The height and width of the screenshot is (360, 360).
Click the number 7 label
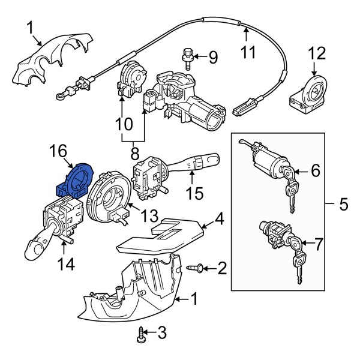coord(317,244)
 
